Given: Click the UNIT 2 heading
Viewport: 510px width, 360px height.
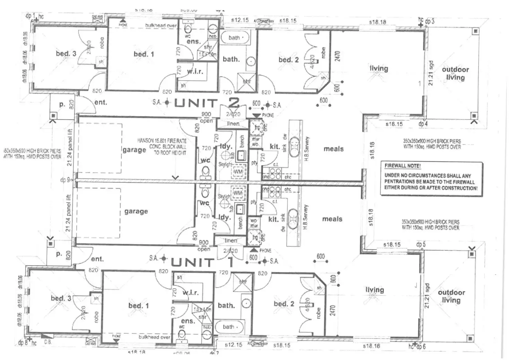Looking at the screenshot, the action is (206, 103).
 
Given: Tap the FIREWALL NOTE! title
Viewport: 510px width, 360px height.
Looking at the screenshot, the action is (403, 166).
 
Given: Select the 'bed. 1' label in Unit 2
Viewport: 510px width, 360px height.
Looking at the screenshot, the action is (144, 54).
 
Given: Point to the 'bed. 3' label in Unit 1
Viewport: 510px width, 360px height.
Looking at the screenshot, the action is (61, 298).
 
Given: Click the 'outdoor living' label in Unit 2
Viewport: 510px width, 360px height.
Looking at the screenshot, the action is (455, 73).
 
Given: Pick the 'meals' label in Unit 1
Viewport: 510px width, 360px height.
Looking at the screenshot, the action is (332, 219).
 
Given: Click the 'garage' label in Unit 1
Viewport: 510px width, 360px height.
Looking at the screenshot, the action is (136, 211).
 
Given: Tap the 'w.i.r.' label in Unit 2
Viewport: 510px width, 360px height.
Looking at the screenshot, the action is (195, 71).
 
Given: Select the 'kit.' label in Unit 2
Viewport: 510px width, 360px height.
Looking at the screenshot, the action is (274, 147).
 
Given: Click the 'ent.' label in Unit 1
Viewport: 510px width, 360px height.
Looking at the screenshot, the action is (97, 259).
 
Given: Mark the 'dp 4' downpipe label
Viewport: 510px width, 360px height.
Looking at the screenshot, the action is (423, 124).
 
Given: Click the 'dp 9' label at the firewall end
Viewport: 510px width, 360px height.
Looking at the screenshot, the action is (65, 180).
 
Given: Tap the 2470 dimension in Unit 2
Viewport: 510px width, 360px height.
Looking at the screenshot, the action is (338, 56).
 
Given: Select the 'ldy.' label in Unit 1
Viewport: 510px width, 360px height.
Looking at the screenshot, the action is (225, 217).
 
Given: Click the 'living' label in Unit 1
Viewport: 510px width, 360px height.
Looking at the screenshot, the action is (375, 289).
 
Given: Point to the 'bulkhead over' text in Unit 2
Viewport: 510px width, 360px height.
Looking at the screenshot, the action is (161, 25).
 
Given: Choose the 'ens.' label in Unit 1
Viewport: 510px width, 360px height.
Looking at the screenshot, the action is (188, 321).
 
